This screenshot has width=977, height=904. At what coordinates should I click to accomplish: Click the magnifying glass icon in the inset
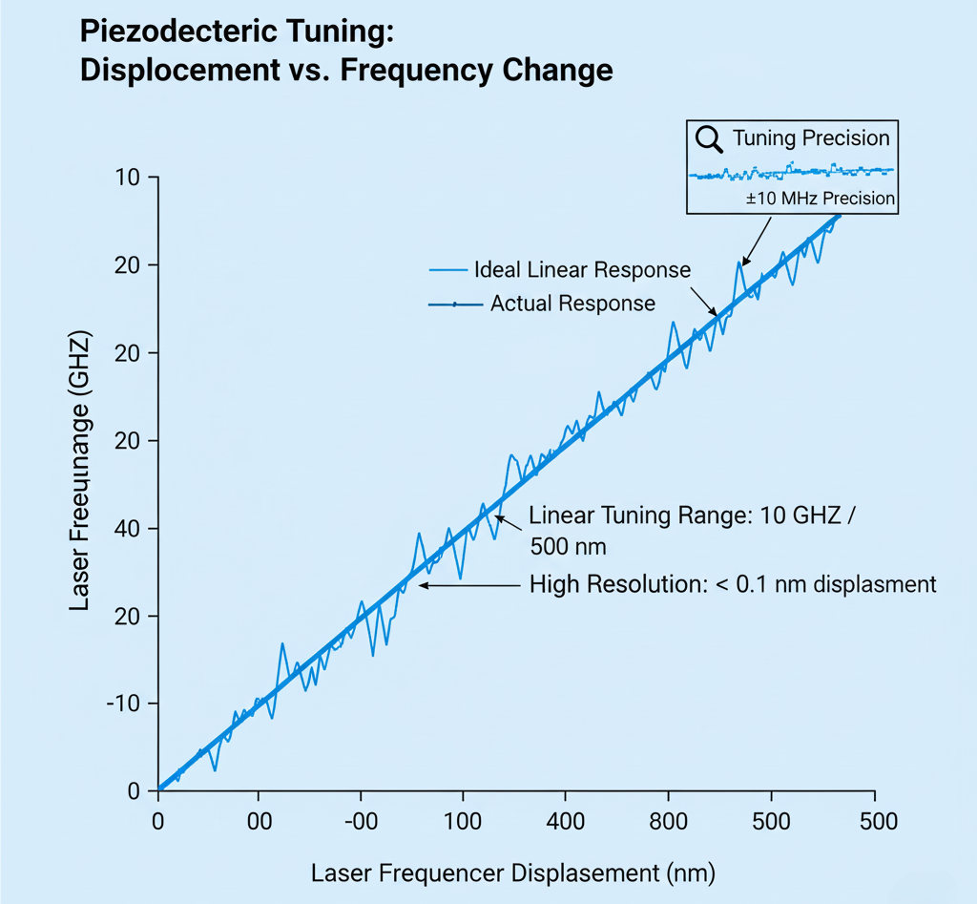(709, 139)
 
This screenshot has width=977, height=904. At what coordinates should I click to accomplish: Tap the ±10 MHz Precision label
(821, 199)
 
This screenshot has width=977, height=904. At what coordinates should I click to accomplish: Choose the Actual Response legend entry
(572, 305)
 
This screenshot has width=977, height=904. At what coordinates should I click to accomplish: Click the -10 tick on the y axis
(122, 704)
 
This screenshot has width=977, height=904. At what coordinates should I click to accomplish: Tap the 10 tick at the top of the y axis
(128, 178)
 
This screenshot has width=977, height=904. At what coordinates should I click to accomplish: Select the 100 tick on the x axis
(462, 821)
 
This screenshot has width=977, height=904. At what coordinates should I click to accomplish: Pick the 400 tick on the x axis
(565, 821)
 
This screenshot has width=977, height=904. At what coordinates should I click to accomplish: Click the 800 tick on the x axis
(668, 821)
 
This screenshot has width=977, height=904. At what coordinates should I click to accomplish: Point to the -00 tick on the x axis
(360, 821)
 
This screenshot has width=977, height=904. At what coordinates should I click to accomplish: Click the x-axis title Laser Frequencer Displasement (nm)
(512, 872)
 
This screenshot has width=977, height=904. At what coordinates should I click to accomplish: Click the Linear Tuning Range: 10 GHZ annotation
(695, 516)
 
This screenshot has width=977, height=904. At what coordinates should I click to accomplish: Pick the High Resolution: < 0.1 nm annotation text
(733, 584)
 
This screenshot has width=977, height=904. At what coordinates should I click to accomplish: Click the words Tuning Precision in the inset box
(810, 138)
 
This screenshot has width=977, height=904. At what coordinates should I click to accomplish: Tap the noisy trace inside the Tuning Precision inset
(792, 173)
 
